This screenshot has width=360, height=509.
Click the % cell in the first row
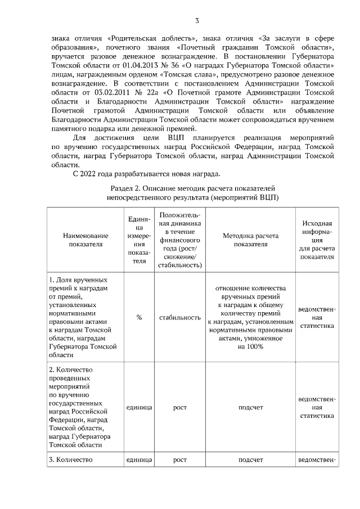click(x=139, y=317)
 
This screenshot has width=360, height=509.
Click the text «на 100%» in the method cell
click(x=251, y=346)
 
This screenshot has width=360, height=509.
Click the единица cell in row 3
click(x=139, y=460)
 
